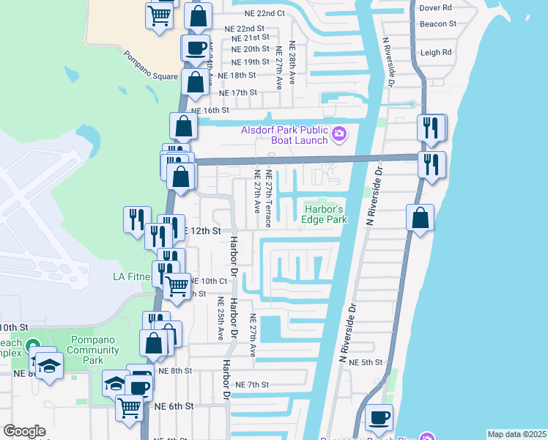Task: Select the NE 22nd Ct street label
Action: point(261,14)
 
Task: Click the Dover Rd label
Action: point(436,9)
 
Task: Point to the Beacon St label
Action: point(438,23)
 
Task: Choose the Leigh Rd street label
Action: point(436,53)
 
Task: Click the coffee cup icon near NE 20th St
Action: point(196,48)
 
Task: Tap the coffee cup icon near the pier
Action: point(379,417)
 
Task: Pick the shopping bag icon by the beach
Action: point(421,217)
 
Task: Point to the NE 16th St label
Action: point(206,110)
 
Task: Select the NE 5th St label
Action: point(366,362)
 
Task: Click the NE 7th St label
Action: point(253,384)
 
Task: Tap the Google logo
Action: point(24,431)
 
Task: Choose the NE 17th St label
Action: point(240,93)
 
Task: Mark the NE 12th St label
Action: point(203,230)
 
